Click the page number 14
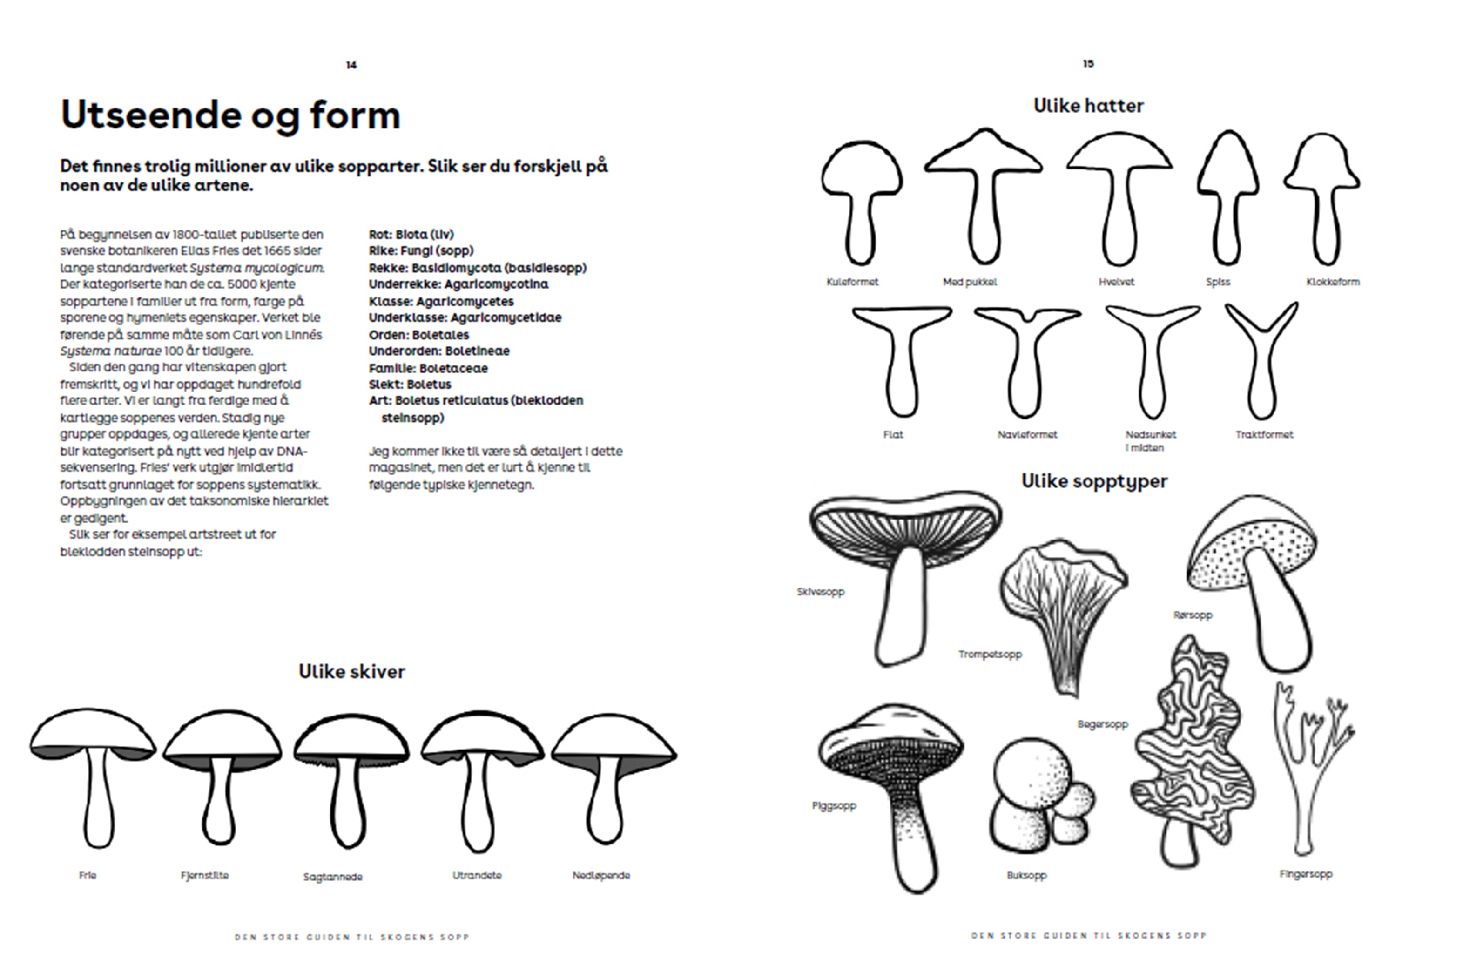(x=351, y=65)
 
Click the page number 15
(x=1088, y=63)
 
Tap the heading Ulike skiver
(x=351, y=671)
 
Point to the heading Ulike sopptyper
(x=1094, y=481)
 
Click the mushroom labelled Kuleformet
(x=861, y=203)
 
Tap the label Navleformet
(x=1027, y=435)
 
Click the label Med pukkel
(x=970, y=282)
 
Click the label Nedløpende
(x=601, y=875)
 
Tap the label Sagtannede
(x=332, y=877)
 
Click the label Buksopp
(x=1026, y=875)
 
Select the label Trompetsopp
(x=990, y=654)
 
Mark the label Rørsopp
(x=1193, y=615)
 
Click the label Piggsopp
(x=834, y=805)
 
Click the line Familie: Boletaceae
(x=428, y=368)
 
